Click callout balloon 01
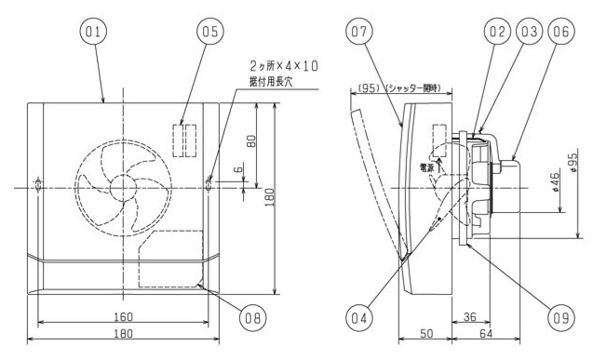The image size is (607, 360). [x=93, y=32]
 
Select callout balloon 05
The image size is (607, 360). [x=210, y=32]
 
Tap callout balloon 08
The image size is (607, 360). [x=253, y=318]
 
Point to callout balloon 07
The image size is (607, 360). [x=358, y=32]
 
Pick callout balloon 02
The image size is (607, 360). [x=497, y=32]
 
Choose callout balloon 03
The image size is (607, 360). [x=530, y=32]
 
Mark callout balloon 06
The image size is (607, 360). [x=561, y=32]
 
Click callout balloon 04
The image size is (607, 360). [x=358, y=318]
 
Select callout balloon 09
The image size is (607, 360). [x=561, y=318]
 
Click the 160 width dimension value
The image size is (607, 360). [x=124, y=317]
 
